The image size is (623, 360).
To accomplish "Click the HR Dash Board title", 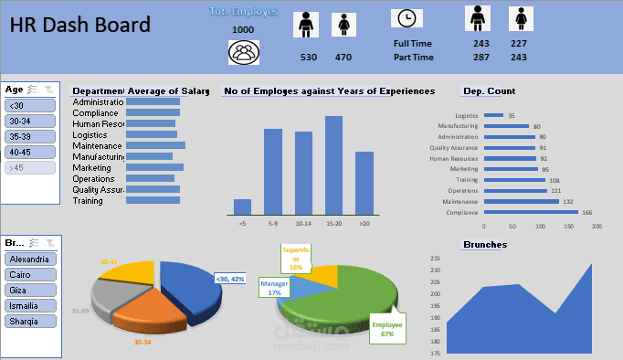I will pos(80,26).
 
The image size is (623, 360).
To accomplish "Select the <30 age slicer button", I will pos(30,105).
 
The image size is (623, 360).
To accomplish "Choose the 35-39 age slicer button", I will pos(30,136).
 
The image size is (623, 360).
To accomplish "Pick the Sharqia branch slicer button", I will pos(30,322).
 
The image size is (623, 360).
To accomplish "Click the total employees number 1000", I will pos(243,30).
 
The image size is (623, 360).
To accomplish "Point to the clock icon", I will pos(407,18).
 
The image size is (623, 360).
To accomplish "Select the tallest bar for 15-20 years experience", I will pos(333,164).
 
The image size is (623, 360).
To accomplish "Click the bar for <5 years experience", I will pos(242,206).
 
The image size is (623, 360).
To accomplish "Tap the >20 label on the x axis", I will pos(364,223).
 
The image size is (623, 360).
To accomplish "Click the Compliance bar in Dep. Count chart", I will pos(530,212).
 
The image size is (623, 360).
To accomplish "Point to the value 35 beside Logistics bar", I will pos(512,116).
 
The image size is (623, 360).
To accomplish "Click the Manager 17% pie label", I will pos(275,288).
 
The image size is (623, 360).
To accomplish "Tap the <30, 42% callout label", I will pos(229,279).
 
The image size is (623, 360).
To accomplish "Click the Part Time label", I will pos(414,57).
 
